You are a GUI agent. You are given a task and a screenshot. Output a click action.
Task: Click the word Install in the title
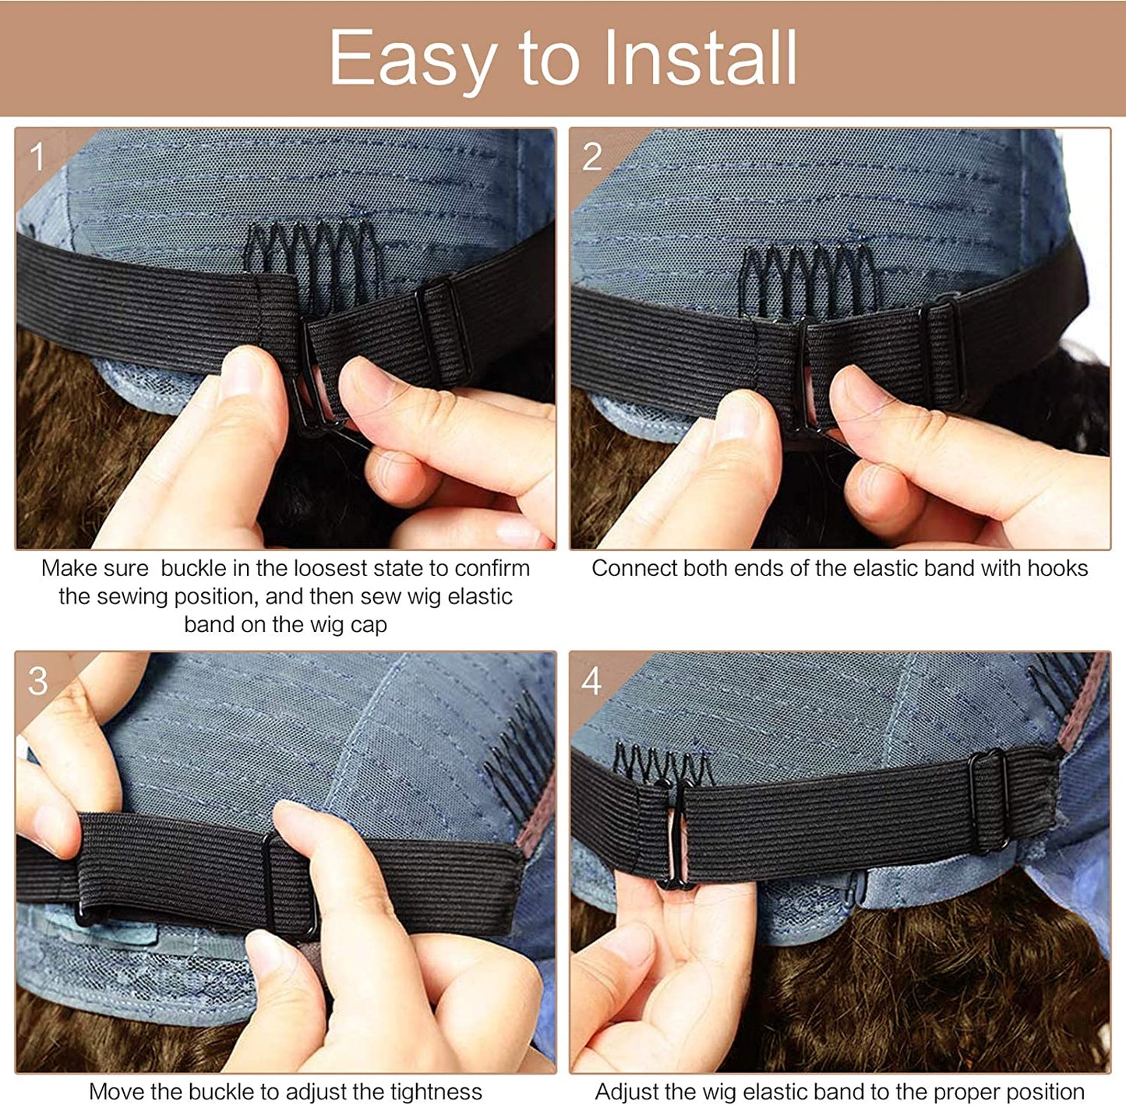point(701,57)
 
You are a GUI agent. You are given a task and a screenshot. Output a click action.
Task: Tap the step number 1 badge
point(37,157)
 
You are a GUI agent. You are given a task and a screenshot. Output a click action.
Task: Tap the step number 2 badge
point(591,157)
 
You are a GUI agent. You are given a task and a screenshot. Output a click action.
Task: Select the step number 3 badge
point(37,681)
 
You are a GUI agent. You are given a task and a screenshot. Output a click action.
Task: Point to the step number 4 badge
point(591,681)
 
